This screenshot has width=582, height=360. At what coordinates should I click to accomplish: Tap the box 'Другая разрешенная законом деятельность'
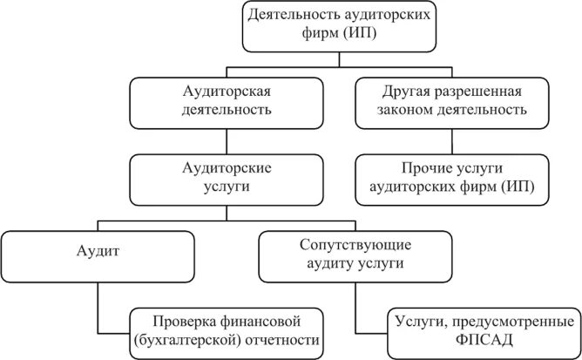pyautogui.click(x=451, y=100)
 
